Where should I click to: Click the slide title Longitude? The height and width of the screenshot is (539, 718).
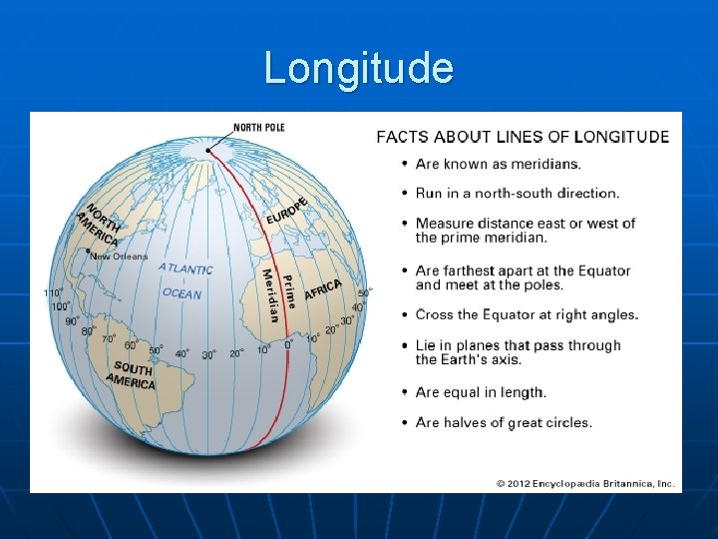[359, 68]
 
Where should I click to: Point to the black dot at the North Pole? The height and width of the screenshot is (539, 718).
[209, 151]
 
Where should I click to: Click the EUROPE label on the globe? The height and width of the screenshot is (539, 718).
[287, 209]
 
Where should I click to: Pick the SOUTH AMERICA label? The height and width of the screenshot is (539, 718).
[132, 375]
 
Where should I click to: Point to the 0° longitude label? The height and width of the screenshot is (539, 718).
[288, 344]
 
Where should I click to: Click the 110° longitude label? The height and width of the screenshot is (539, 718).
[53, 293]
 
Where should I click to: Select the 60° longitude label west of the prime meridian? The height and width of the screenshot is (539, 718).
[130, 345]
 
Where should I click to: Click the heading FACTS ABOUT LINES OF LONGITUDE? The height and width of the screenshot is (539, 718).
[522, 137]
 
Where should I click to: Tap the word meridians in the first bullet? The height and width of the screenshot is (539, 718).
[547, 164]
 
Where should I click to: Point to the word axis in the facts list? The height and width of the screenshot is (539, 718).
[506, 359]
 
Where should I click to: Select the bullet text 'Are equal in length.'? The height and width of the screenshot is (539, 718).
[481, 392]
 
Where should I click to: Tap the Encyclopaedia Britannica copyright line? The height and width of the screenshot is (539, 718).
[586, 484]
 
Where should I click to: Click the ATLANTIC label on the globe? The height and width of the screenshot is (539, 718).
[185, 268]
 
